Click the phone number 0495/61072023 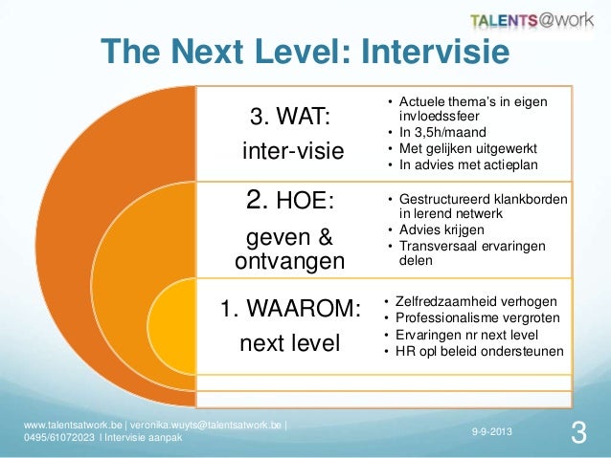[x=60, y=438]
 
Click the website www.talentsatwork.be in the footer [x=72, y=425]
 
